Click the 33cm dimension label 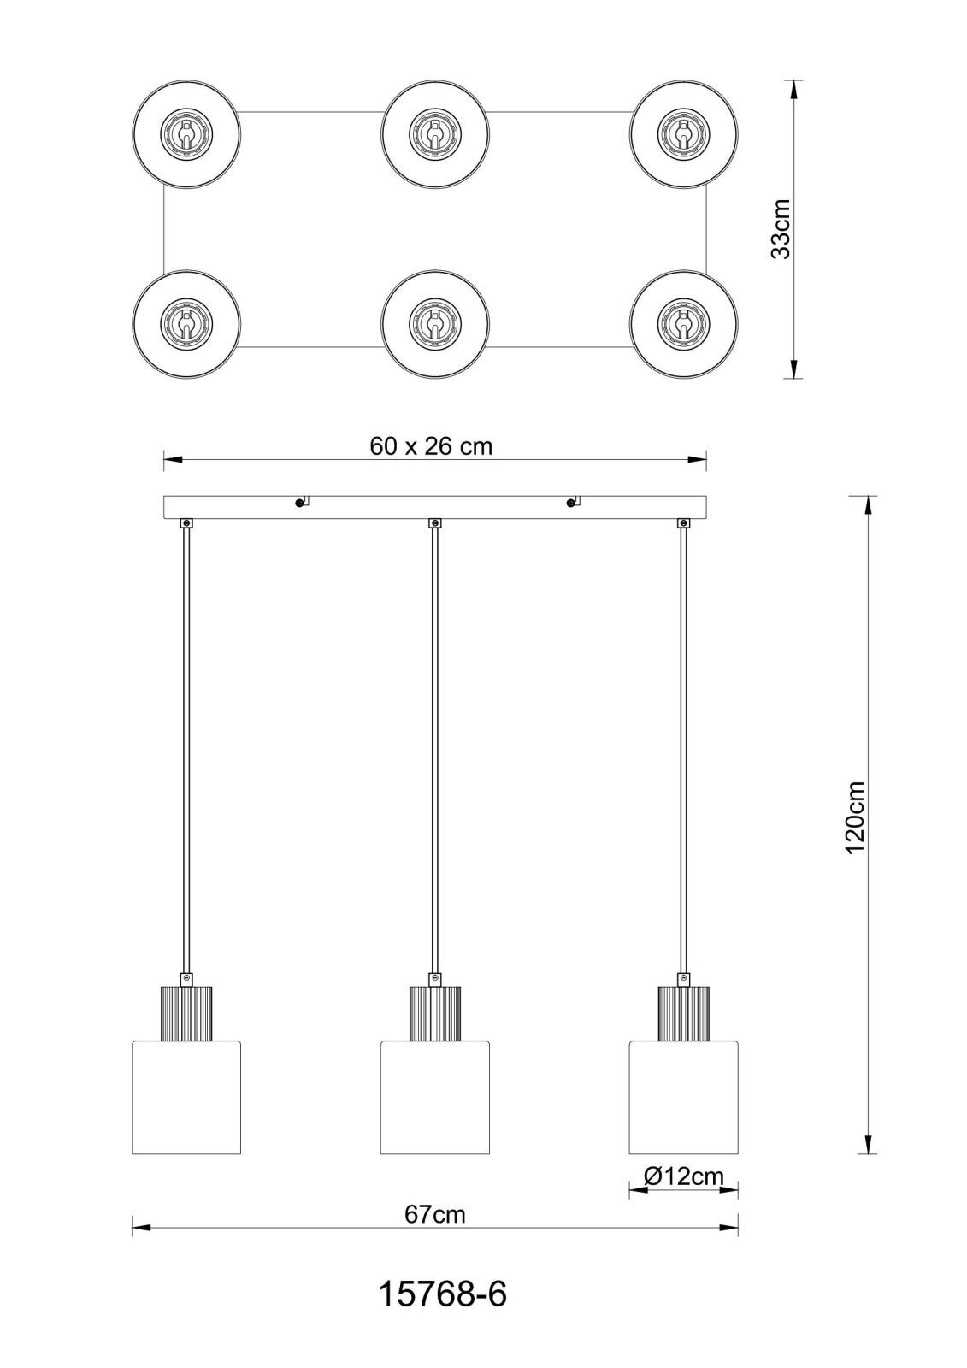pos(780,229)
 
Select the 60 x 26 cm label pos(431,446)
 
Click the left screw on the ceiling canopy pos(298,503)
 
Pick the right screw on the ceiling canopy pos(570,503)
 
